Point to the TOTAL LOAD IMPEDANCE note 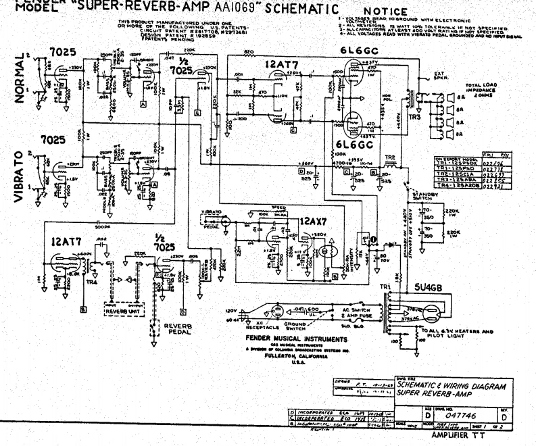pos(481,89)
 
